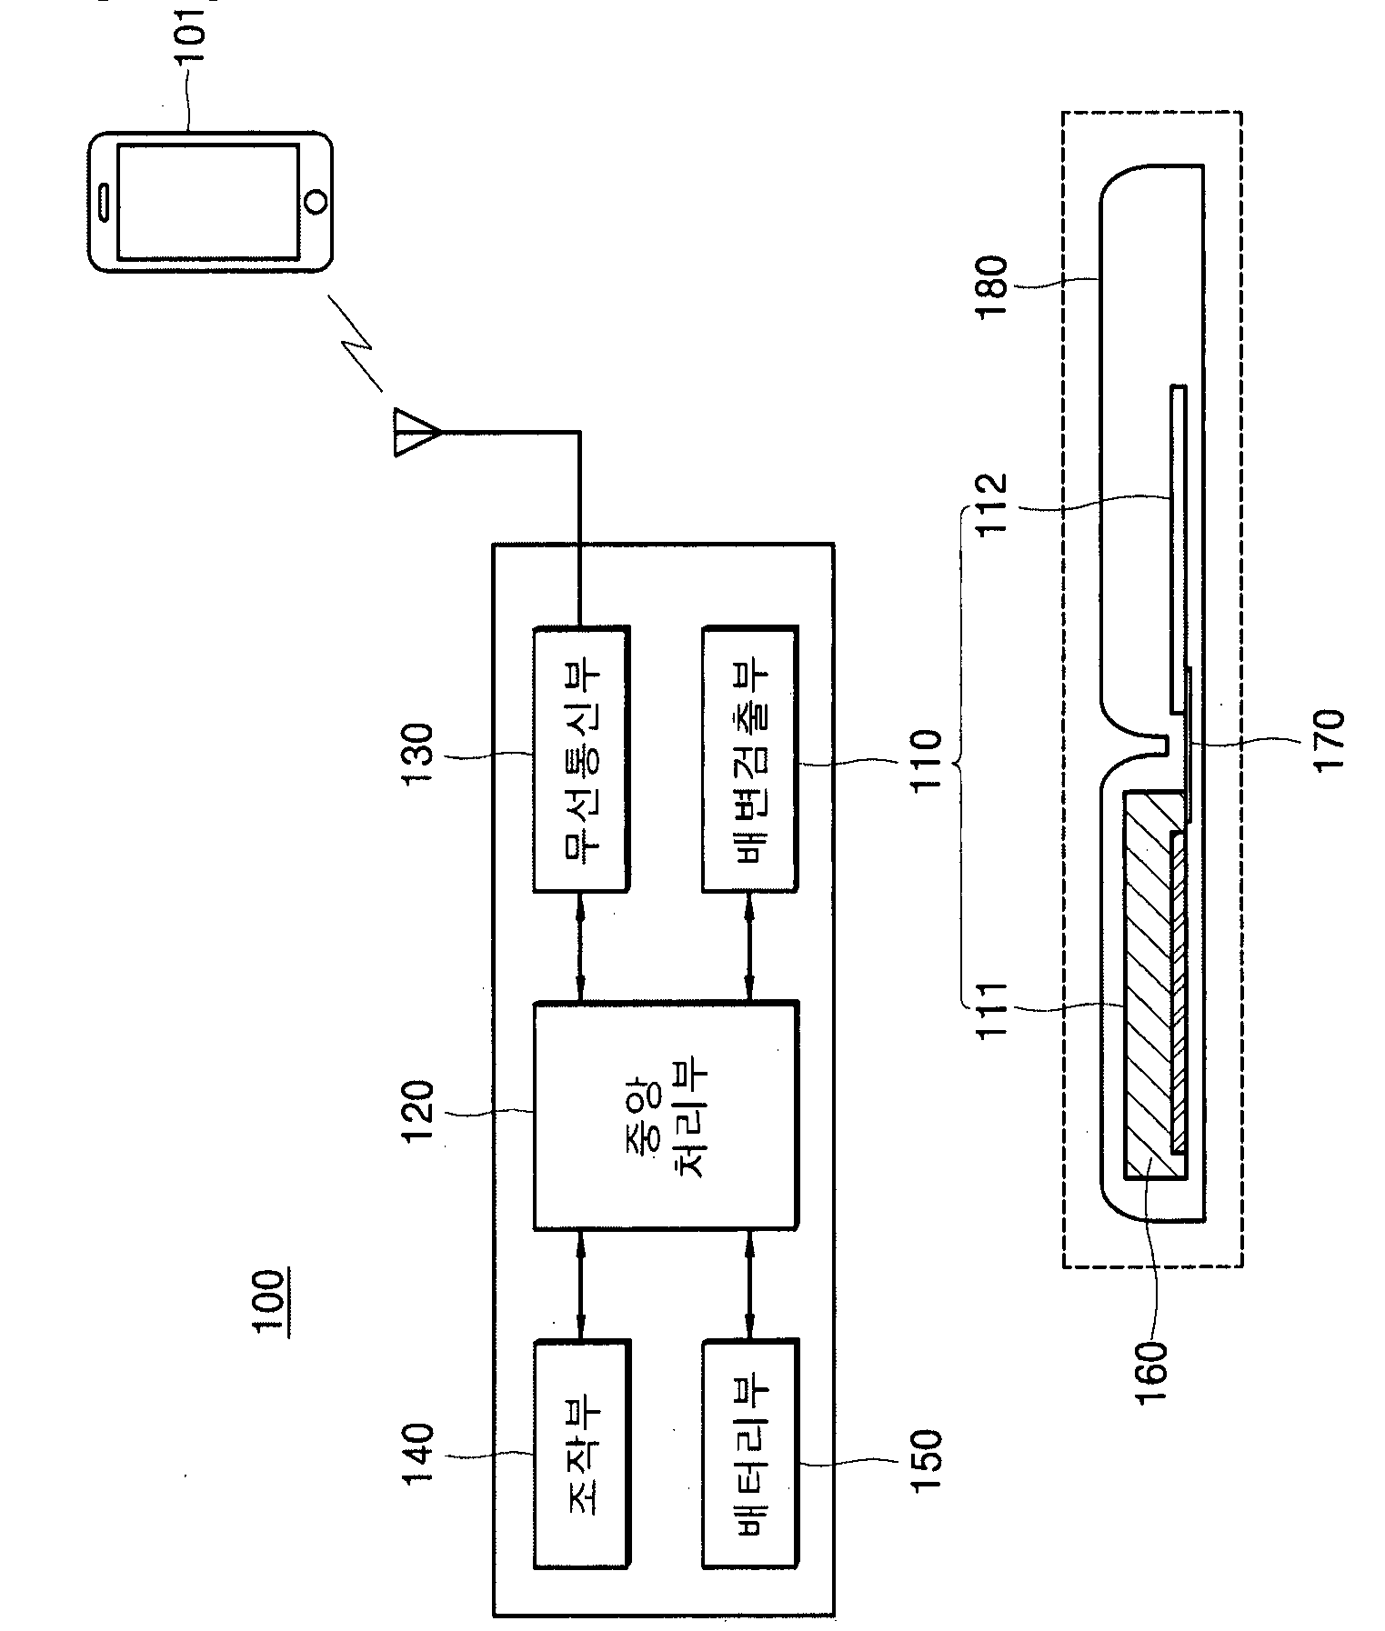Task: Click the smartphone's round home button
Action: [316, 201]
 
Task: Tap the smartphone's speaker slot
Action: [105, 202]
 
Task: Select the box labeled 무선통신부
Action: [580, 757]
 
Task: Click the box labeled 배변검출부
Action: [750, 757]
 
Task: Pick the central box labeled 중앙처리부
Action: [665, 1116]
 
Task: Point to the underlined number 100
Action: [270, 1302]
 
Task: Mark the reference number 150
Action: [924, 1463]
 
